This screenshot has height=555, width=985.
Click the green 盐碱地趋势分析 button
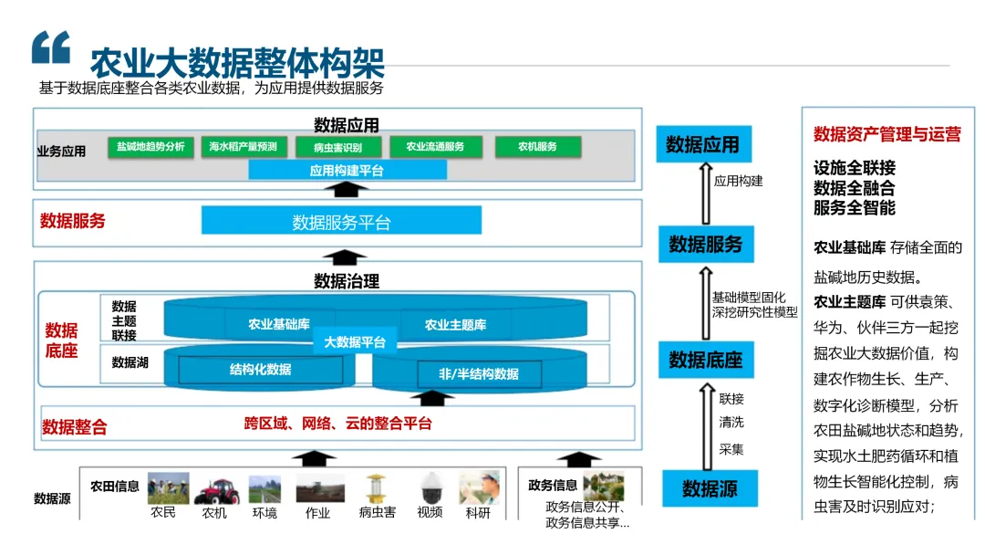point(150,146)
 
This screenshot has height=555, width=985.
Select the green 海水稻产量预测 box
point(244,146)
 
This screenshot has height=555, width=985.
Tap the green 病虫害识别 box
point(337,146)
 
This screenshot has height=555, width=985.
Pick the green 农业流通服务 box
point(435,146)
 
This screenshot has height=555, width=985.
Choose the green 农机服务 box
point(537,146)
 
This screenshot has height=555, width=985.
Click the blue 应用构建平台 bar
point(347,170)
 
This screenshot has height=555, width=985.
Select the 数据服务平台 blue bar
point(341,221)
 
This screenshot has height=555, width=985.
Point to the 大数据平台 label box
point(355,342)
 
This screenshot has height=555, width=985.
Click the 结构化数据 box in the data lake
point(261,370)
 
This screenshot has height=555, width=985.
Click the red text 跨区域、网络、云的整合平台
point(337,424)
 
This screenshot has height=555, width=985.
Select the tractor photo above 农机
point(216,489)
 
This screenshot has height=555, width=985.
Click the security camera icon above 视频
point(430,489)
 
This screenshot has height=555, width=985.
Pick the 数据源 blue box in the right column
point(710,489)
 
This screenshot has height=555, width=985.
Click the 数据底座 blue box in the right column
point(705,360)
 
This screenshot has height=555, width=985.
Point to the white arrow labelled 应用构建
point(704,192)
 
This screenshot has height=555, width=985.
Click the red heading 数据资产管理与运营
point(886,134)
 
